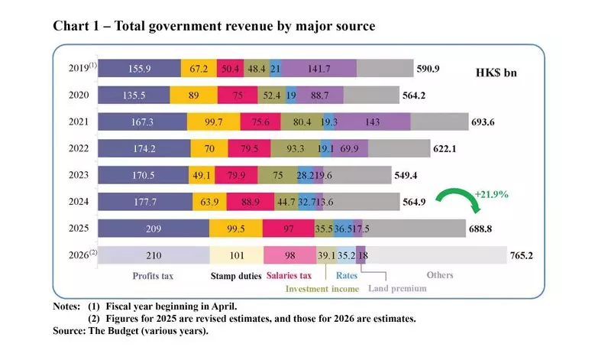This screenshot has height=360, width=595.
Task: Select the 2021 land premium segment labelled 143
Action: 373,122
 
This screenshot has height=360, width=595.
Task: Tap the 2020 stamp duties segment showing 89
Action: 194,96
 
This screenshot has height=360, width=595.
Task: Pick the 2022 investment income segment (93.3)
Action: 295,148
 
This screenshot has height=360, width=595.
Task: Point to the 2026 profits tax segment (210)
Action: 154,255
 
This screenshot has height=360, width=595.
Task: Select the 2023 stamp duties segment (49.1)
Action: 201,175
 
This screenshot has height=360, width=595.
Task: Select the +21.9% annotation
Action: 492,195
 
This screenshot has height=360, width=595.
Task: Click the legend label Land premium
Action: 398,288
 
